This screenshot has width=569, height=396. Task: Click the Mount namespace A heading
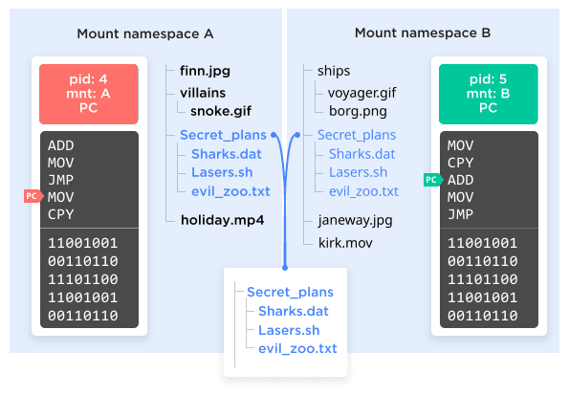click(145, 33)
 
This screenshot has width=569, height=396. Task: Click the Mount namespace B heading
click(423, 33)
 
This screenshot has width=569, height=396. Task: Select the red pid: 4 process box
click(89, 94)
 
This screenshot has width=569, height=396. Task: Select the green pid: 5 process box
click(489, 94)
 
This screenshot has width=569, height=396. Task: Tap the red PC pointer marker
click(33, 196)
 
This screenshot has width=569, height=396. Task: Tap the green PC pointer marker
click(433, 180)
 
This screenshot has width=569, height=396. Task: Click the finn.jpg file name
click(205, 71)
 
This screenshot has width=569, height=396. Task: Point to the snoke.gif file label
click(221, 111)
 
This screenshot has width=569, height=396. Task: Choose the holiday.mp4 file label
click(223, 220)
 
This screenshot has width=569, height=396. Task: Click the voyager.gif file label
click(361, 94)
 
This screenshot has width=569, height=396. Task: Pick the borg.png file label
click(358, 111)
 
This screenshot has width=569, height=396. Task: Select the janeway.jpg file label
click(355, 221)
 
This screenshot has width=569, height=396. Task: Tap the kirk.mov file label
click(345, 243)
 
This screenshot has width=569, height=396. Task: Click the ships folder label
click(334, 71)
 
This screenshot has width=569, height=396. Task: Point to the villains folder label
click(203, 94)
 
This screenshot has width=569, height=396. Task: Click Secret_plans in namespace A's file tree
click(223, 135)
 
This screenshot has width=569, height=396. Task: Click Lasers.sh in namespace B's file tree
click(359, 172)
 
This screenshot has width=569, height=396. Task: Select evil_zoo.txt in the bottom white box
click(297, 348)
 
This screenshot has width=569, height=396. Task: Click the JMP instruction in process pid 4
click(60, 180)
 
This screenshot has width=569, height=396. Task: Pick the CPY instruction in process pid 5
click(461, 163)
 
